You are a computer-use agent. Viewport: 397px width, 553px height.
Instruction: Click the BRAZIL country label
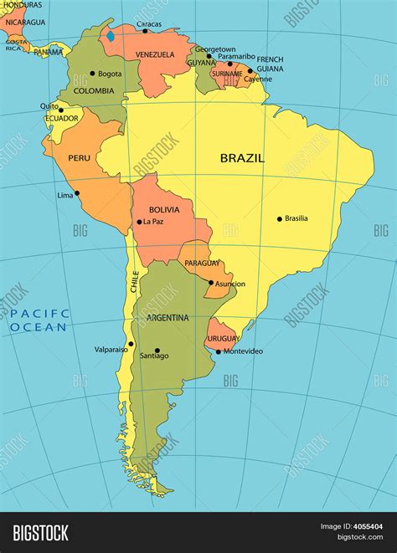click(x=242, y=157)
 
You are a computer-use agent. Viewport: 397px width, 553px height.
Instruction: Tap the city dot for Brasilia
click(x=280, y=219)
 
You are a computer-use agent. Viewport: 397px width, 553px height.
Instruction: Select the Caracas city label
click(x=148, y=24)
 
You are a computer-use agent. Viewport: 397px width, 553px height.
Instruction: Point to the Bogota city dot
click(x=92, y=74)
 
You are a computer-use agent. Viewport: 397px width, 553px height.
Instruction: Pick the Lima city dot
click(x=77, y=192)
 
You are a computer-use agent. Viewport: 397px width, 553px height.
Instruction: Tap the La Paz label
click(x=152, y=222)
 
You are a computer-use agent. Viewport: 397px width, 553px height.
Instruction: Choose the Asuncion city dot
click(x=211, y=283)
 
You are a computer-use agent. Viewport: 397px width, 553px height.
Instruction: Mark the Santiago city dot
click(x=157, y=351)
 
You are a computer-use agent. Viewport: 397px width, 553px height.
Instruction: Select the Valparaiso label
click(x=111, y=348)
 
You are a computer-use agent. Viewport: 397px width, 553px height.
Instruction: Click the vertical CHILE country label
click(x=133, y=281)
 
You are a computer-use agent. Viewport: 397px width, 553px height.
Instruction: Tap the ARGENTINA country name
click(x=168, y=318)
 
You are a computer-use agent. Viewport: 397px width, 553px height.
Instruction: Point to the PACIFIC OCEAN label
click(x=39, y=320)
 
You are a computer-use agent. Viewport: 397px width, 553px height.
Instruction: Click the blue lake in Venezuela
click(x=110, y=38)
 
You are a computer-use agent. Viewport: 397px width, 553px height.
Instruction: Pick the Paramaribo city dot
click(x=230, y=64)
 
